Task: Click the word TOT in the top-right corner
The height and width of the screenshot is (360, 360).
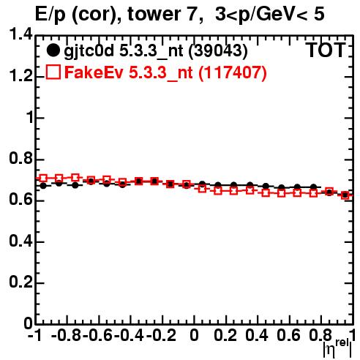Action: [326, 50]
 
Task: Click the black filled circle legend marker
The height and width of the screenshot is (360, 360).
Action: [53, 50]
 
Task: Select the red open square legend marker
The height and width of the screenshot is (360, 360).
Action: [53, 72]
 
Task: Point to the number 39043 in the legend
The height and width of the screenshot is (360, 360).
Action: [218, 50]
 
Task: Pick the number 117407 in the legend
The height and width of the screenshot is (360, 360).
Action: [233, 72]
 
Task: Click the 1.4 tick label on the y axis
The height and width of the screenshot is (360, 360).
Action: [20, 34]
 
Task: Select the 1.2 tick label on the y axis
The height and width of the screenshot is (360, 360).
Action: [20, 76]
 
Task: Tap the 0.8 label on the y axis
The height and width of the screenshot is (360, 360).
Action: [20, 158]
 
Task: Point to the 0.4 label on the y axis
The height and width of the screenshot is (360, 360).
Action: [20, 241]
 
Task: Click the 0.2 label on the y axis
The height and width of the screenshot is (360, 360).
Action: [20, 282]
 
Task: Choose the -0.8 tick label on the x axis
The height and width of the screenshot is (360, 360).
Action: [67, 335]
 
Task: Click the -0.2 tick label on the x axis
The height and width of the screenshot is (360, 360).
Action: [161, 335]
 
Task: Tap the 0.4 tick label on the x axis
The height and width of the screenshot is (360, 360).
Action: [257, 335]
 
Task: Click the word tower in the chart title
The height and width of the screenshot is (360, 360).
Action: [162, 14]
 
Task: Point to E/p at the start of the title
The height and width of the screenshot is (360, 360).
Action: [50, 15]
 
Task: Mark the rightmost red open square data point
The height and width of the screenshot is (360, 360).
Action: [345, 195]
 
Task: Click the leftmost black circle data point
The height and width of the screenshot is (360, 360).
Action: [43, 186]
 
